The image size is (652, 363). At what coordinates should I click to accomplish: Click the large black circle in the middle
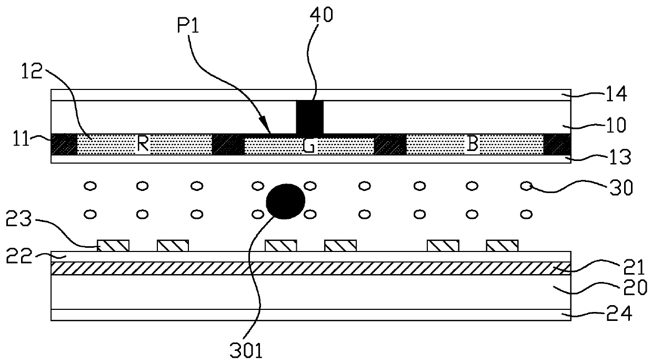point(286,200)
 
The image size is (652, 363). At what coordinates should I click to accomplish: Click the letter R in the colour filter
point(142,145)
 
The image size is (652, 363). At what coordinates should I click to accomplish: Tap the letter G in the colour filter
point(309,146)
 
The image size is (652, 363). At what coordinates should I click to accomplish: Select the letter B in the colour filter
point(473,145)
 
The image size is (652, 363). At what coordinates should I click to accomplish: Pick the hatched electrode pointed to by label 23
point(113,245)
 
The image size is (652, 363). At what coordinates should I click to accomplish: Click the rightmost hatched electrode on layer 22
point(501,245)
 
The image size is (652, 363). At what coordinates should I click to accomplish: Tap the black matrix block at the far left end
point(64,145)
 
